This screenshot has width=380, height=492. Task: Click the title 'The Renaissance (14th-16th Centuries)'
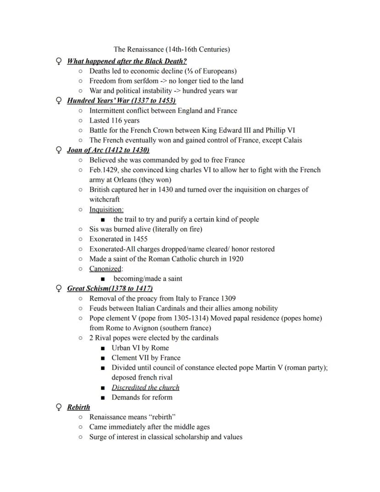coord(172,49)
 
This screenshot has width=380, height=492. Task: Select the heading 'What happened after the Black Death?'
coord(127,61)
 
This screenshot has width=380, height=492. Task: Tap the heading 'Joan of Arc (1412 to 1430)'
coord(108,150)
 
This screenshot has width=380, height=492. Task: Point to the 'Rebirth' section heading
coord(78,407)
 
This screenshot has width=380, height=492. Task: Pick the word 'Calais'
coord(291,140)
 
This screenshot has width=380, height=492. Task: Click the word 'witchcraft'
coord(104,199)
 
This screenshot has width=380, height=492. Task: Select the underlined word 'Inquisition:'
coord(106,209)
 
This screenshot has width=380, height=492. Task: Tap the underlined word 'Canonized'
coord(105,269)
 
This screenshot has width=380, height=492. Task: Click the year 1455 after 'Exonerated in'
coord(138,239)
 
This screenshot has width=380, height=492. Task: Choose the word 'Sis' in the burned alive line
coord(95,229)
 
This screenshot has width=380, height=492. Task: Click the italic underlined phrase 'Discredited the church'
coord(145,387)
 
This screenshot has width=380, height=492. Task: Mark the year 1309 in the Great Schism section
coord(227,298)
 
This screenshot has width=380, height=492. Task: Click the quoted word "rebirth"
coord(161,417)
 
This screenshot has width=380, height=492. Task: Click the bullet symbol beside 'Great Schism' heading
coord(58,288)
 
